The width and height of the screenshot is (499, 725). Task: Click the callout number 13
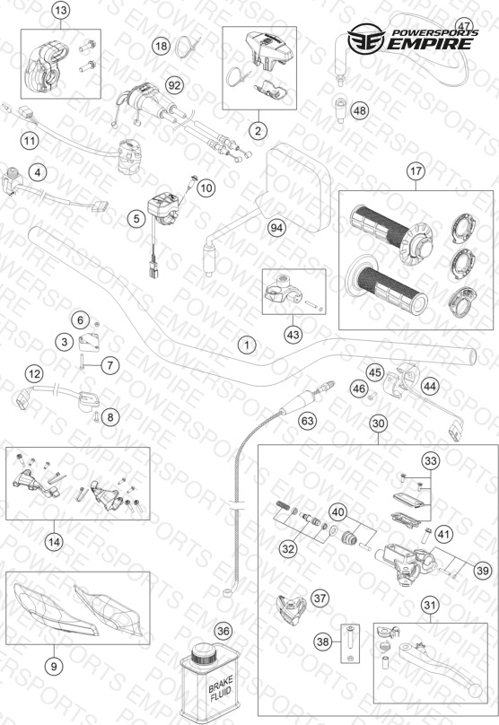61,10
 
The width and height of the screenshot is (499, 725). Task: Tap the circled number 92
174,85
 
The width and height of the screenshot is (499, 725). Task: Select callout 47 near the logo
464,25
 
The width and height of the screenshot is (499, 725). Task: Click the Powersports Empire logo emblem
366,39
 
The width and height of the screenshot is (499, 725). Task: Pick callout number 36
223,631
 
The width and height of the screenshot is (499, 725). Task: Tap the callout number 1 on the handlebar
247,345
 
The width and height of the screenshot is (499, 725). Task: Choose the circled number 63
308,421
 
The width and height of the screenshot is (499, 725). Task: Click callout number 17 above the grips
416,171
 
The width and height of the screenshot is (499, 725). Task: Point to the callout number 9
54,666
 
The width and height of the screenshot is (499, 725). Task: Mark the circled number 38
323,642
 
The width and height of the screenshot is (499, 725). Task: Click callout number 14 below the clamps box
54,541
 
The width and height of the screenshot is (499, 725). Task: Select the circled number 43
293,335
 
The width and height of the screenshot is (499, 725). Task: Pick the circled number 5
136,218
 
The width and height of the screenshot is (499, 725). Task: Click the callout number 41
443,535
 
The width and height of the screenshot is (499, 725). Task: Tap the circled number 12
34,373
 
